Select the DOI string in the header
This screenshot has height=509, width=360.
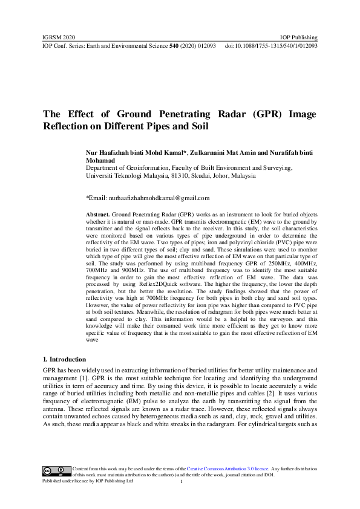pos(271,46)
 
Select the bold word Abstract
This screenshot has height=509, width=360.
pos(98,215)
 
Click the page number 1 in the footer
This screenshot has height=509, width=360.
pos(181,482)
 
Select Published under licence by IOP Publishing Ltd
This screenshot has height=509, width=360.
pos(87,481)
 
